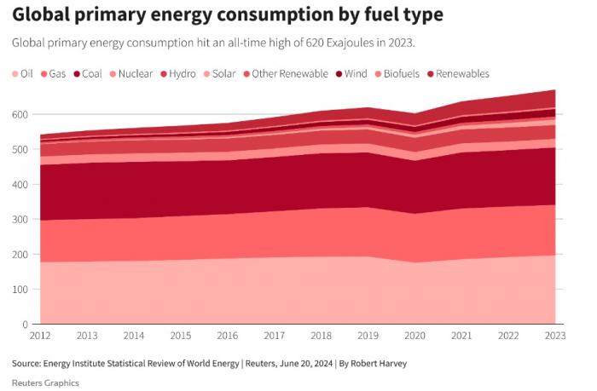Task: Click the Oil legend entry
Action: coord(22,74)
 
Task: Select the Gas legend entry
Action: coord(53,74)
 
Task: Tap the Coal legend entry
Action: coord(88,74)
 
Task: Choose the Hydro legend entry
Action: coord(178,74)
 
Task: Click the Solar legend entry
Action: coord(221,74)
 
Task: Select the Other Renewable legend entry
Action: coord(285,74)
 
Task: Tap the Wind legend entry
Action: coord(354,74)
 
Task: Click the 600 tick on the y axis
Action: coord(20,114)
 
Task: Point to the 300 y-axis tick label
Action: coord(20,219)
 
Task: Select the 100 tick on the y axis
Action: coord(20,290)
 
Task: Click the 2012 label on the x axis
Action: coord(40,336)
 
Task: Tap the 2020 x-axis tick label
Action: coord(414,336)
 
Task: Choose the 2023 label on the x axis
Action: coord(554,336)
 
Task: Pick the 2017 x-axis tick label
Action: coord(274,336)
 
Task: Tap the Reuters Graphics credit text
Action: coord(45,382)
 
